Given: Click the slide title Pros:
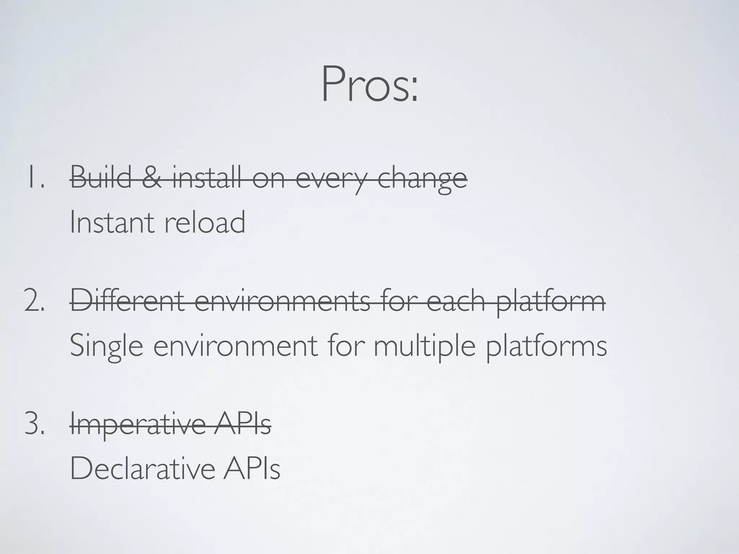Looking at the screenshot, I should point(369,84).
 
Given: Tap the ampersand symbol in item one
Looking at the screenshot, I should point(152,177).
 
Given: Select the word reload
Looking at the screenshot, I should point(205,222).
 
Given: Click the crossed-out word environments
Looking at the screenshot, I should point(282,301).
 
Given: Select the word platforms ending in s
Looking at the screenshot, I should point(546,346).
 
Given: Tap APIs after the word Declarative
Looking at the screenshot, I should point(251,468).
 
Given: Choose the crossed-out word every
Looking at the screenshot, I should point(332,179).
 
